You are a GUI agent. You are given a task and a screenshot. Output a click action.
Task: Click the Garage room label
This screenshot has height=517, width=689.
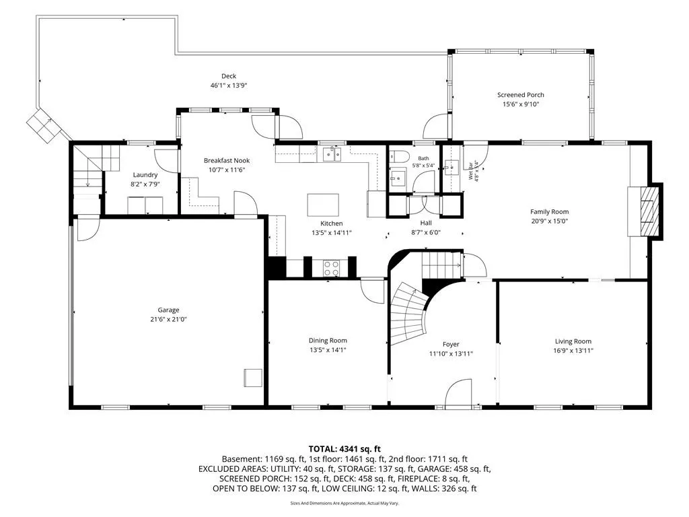[x=168, y=310]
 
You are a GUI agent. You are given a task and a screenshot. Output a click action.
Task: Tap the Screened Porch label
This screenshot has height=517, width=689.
[x=520, y=94]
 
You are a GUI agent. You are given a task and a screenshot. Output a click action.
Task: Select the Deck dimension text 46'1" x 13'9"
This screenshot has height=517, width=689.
[x=229, y=85]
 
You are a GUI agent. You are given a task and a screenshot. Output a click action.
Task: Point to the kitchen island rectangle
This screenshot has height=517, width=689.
[x=323, y=205]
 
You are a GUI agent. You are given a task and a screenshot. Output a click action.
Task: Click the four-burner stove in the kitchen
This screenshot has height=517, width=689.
[x=331, y=268]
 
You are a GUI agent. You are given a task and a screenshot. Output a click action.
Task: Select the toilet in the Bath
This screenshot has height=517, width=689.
[x=399, y=156]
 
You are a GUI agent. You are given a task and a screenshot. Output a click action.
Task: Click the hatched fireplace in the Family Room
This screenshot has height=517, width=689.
[x=650, y=212]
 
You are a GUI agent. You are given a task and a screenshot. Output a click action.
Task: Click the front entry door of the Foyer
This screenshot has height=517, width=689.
[x=458, y=393]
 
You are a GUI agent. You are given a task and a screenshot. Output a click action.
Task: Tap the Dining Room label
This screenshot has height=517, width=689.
[x=328, y=340]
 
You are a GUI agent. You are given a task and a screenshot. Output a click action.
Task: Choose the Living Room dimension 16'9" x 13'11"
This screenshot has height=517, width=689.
[x=573, y=350]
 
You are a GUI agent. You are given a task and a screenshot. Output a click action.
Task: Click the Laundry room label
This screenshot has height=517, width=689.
[x=145, y=174]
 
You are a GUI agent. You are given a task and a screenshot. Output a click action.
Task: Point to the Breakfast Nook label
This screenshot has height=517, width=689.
[x=227, y=160]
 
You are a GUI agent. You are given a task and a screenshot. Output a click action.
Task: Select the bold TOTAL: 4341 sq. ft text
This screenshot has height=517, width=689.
[x=344, y=449]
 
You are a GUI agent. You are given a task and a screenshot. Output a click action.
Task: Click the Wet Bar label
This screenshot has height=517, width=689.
[x=471, y=170]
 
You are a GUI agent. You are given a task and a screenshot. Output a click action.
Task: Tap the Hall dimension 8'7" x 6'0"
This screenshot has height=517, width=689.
[x=425, y=232]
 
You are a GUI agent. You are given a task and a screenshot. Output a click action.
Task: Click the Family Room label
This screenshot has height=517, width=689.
[x=549, y=211]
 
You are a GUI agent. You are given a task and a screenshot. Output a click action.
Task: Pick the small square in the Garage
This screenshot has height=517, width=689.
[x=253, y=378]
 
